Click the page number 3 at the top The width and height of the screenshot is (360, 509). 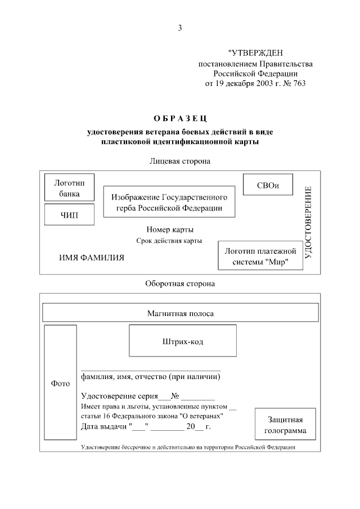pos(180,28)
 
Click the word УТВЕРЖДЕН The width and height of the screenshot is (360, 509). pos(259,53)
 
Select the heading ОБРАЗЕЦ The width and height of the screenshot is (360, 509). pos(180,118)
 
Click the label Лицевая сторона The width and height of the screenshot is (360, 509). pos(180,161)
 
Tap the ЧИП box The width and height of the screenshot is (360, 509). pos(70,215)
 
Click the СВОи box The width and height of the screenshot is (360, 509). pos(268,185)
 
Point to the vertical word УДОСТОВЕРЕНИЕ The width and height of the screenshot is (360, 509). pos(308,222)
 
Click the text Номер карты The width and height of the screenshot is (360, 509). pos(170,229)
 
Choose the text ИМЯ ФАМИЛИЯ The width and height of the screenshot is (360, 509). pos(92,258)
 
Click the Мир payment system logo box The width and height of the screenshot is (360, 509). pos(260,256)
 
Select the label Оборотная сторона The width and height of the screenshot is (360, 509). pos(180,284)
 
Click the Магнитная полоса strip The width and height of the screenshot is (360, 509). pos(181,313)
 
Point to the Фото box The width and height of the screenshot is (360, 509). pos(60,383)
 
